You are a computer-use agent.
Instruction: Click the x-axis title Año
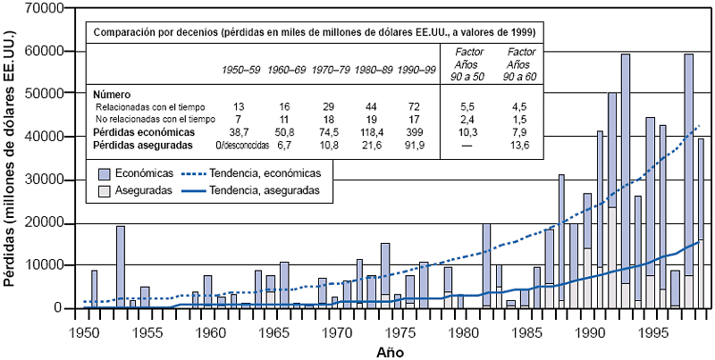(388, 351)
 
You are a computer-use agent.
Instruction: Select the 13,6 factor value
(518, 143)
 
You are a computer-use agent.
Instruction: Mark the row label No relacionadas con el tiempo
(156, 119)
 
